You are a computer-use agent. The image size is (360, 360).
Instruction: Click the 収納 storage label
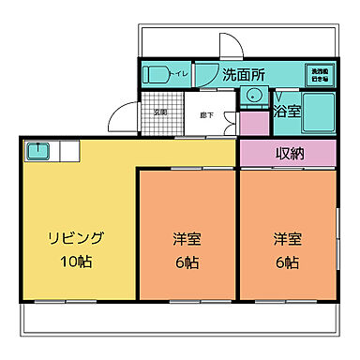tap(287, 154)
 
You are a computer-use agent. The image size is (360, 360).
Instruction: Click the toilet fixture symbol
tap(156, 74)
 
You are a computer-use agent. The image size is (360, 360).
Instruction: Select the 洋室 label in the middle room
tap(187, 238)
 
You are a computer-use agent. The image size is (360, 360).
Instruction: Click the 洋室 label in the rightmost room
tap(287, 238)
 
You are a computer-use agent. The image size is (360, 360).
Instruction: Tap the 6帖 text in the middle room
tap(187, 262)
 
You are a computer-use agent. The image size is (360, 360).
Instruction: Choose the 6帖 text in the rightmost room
tap(287, 262)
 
